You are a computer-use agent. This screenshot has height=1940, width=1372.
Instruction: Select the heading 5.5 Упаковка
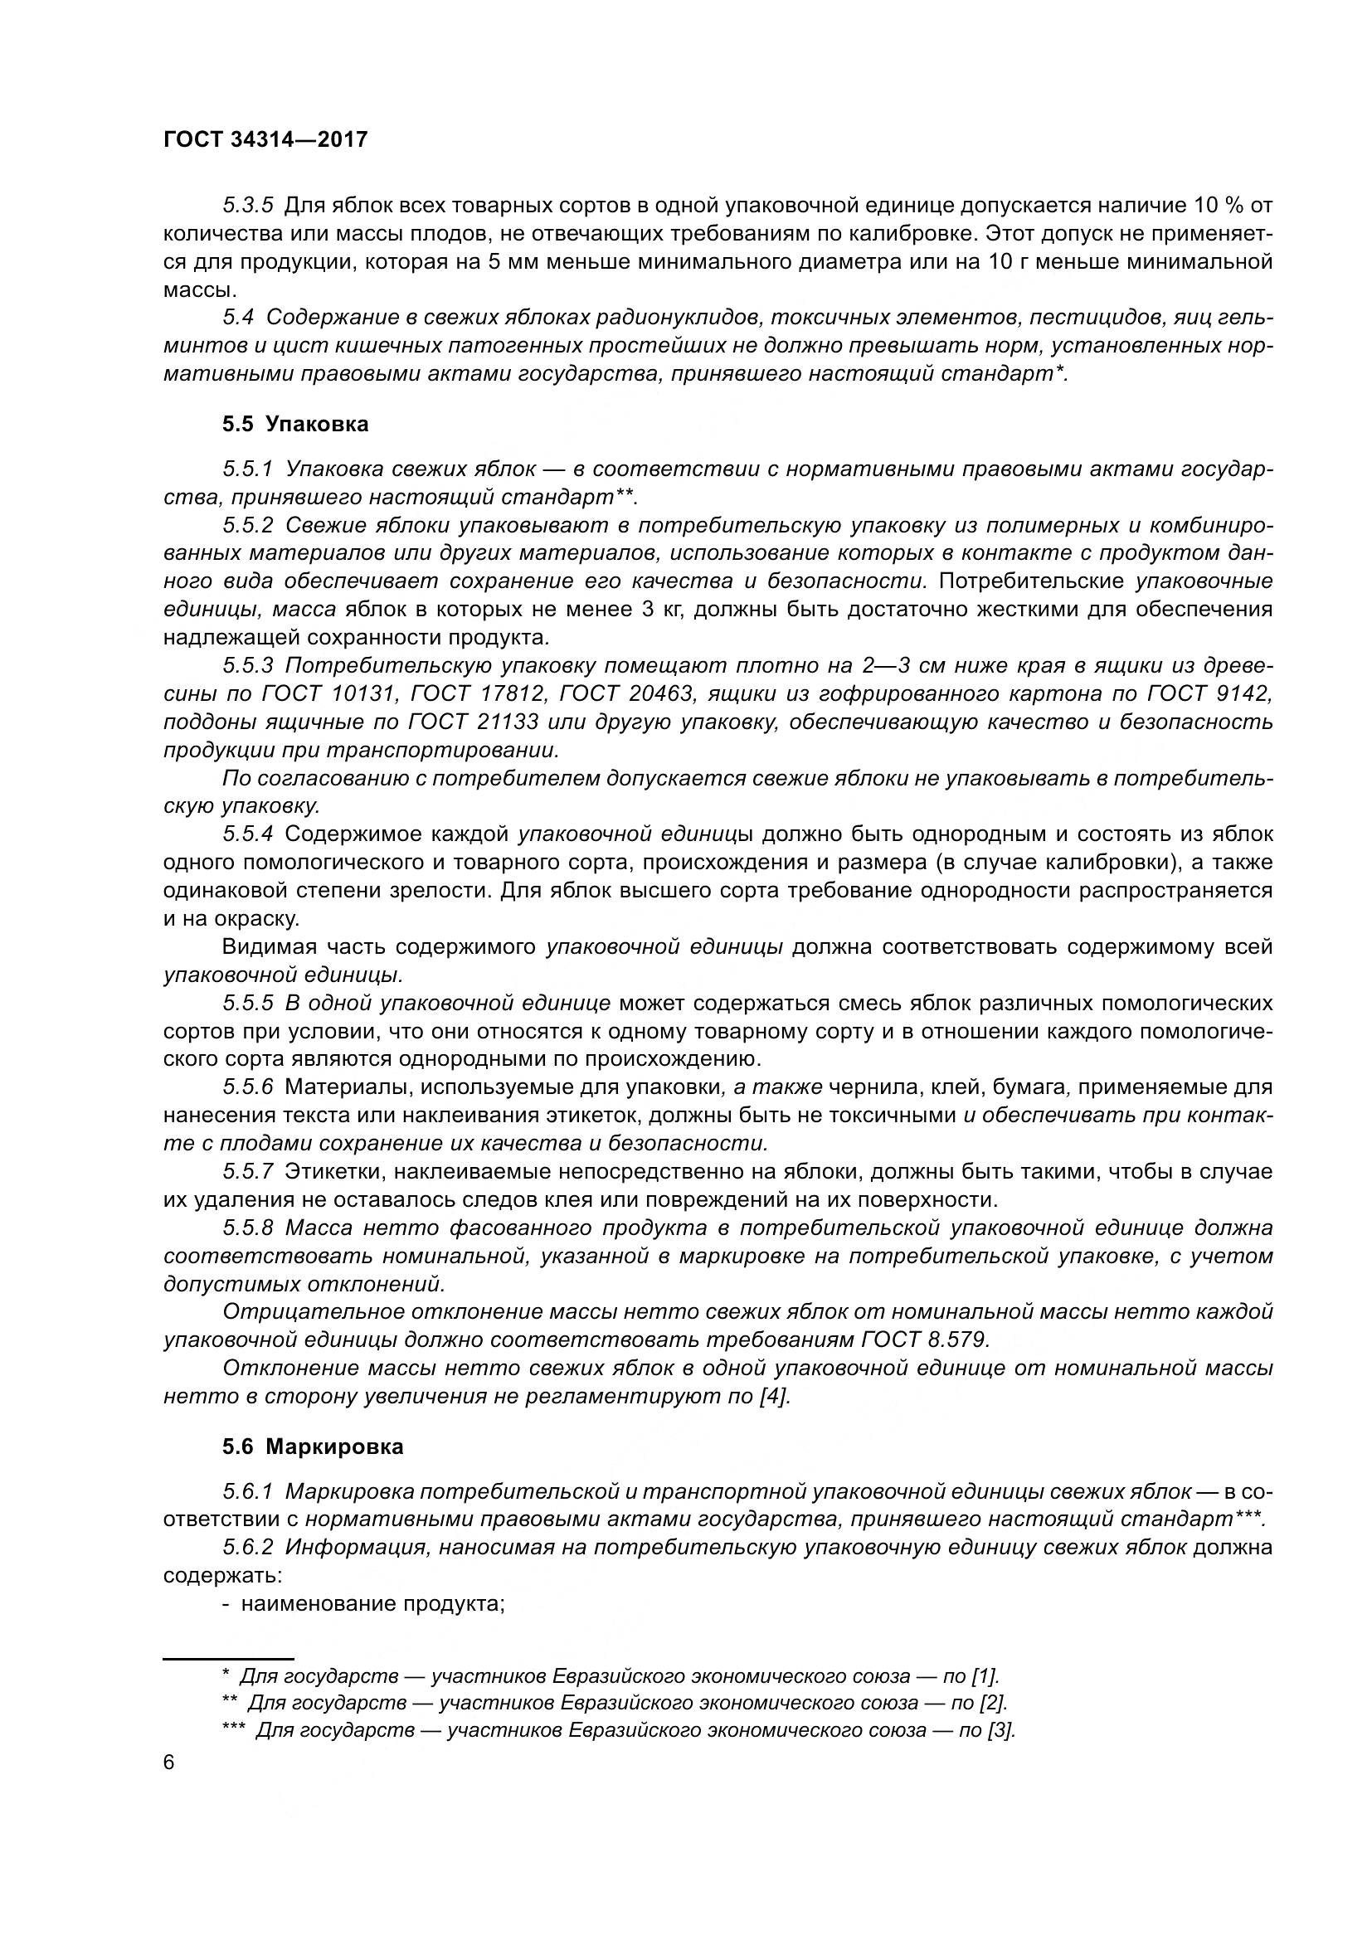(295, 424)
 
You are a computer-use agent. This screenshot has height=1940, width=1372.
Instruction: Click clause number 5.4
(238, 318)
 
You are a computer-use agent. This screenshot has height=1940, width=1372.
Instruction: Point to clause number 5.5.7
(247, 1172)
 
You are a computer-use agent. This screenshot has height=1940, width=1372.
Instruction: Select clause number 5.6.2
(247, 1548)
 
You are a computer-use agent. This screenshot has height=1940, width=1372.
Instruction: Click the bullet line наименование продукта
(372, 1604)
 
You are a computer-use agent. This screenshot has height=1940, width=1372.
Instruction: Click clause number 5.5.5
(247, 1004)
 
